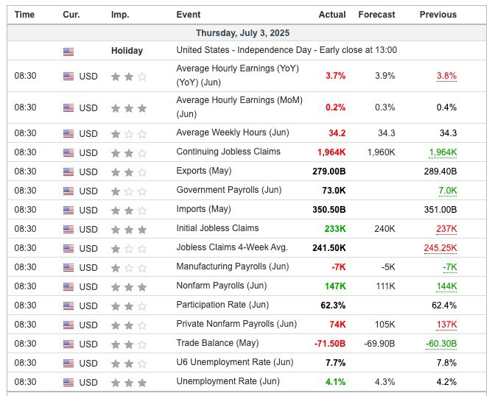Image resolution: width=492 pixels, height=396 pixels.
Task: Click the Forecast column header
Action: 376,15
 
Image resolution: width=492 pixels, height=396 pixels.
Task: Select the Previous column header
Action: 437,15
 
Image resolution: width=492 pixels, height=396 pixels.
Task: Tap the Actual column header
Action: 332,15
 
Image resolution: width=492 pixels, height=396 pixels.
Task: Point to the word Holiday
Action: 127,51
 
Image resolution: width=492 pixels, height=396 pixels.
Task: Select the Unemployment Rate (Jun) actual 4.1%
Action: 335,381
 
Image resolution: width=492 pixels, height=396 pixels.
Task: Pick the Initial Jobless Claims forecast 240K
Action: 384,228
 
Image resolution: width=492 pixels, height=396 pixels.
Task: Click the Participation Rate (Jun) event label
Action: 223,305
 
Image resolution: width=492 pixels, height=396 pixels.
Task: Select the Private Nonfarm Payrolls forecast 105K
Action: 384,324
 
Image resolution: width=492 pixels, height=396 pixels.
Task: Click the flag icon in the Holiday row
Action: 68,52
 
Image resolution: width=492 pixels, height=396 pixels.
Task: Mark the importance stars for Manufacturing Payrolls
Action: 128,267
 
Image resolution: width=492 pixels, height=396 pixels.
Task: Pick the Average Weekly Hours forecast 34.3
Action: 387,132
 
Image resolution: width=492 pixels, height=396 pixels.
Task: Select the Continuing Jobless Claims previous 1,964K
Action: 443,152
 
